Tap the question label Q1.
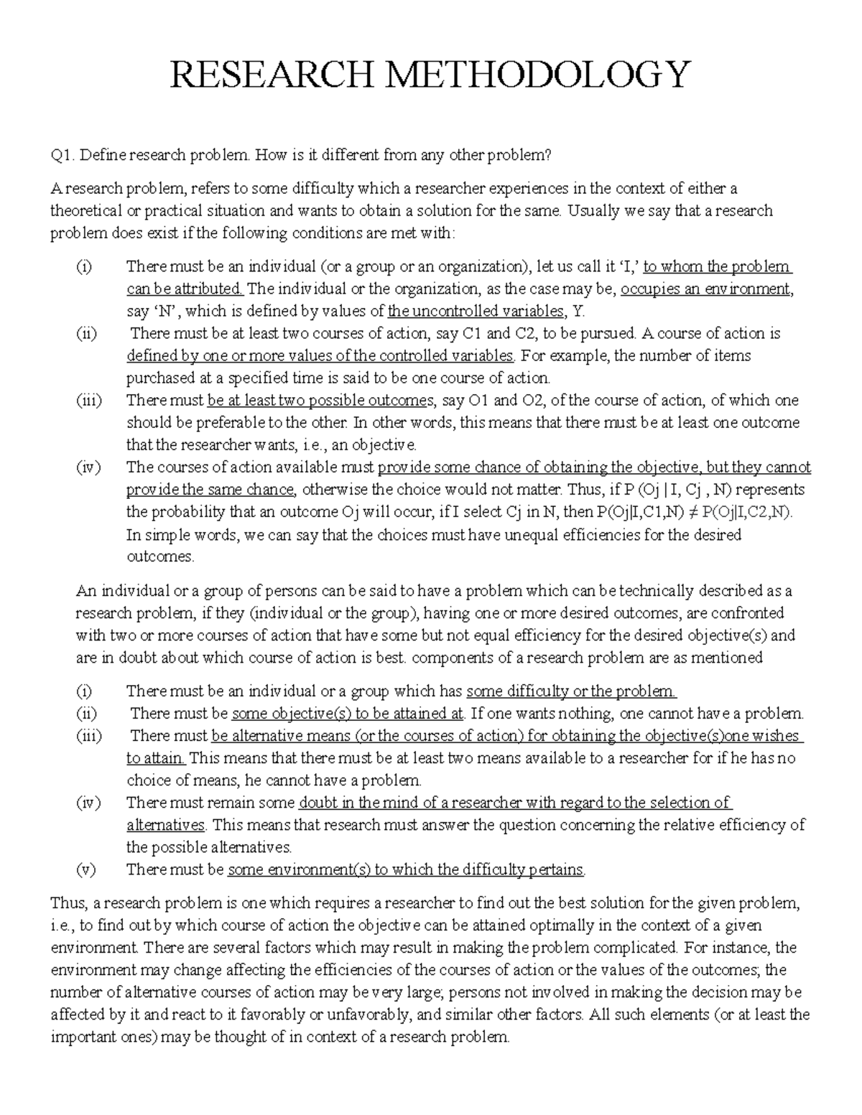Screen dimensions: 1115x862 [61, 154]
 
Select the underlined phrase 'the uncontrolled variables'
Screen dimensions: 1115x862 [475, 312]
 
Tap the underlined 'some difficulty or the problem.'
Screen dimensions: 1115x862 [571, 691]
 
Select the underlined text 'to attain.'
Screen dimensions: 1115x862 [156, 758]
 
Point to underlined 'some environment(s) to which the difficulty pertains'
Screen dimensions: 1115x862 [406, 869]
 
